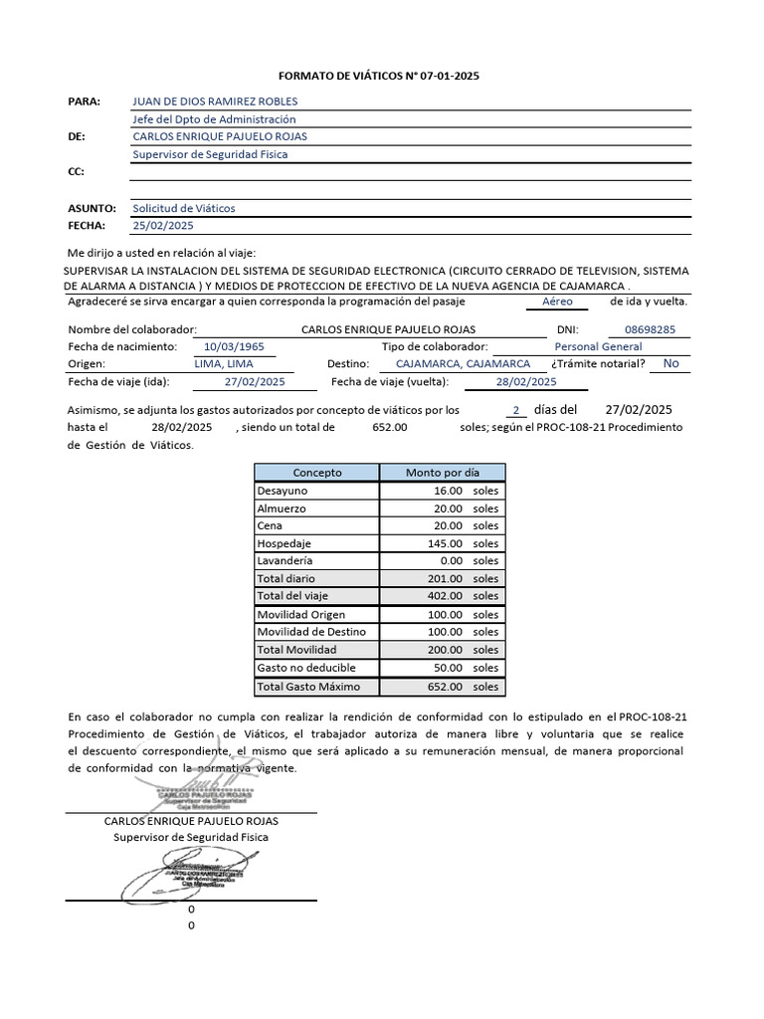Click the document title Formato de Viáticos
379,76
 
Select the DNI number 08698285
651,329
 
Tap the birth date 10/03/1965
233,346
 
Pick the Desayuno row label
283,491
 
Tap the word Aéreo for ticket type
558,301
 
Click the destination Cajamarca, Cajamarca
463,364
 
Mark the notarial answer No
671,363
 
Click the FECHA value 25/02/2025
164,226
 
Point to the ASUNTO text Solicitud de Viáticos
184,209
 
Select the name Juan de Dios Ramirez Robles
215,102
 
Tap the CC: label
76,172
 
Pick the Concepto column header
317,473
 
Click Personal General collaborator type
598,346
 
